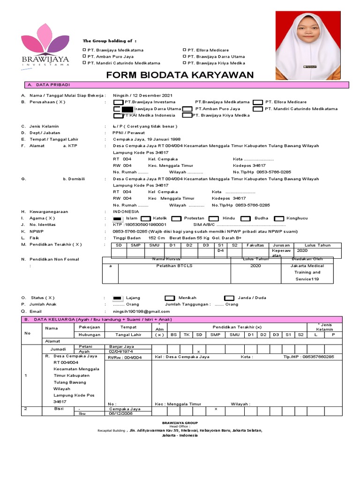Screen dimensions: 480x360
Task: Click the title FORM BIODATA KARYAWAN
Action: [x=180, y=75]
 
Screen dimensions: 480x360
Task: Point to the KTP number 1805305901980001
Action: [x=145, y=225]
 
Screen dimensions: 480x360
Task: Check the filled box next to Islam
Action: [x=118, y=218]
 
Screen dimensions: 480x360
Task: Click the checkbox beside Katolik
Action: [x=145, y=218]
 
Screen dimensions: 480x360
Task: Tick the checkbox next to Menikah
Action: [x=170, y=298]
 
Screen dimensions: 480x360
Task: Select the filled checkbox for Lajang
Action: [x=118, y=298]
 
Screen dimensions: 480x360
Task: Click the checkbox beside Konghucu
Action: [x=279, y=218]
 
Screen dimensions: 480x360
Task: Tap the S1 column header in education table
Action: [x=220, y=245]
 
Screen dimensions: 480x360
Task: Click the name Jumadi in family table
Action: [x=58, y=349]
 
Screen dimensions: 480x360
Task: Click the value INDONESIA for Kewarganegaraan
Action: [x=126, y=211]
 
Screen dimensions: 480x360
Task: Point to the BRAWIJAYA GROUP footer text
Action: [x=180, y=422]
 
